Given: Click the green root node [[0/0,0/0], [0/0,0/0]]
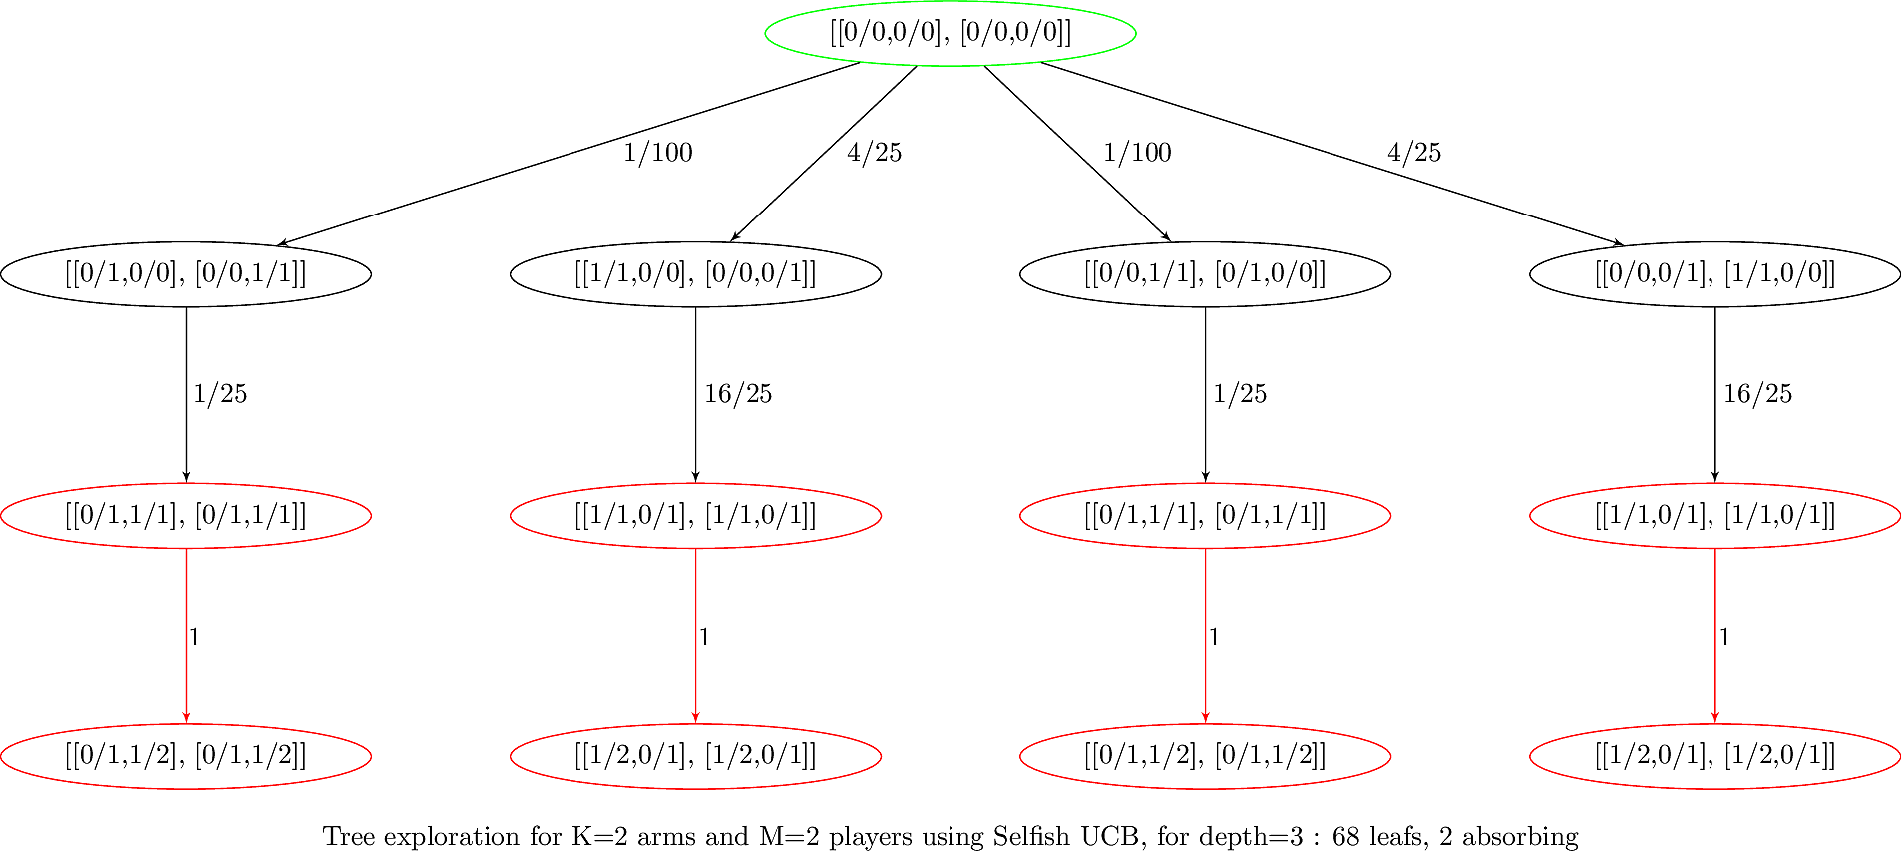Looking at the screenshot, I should click(950, 33).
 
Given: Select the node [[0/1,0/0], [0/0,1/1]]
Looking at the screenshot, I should click(186, 273).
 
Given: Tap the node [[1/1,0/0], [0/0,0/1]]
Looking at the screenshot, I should click(695, 273).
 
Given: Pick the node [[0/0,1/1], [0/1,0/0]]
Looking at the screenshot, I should click(1205, 273).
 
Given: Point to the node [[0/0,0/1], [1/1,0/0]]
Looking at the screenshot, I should click(1714, 273).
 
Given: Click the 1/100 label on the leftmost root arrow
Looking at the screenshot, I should click(657, 153).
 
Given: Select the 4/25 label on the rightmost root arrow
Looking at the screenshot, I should click(1413, 153).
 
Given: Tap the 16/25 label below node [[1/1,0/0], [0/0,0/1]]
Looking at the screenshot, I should click(738, 394).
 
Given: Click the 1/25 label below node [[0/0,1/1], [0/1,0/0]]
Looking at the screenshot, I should click(1239, 394).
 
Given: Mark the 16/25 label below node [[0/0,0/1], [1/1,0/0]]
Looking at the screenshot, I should click(1757, 394).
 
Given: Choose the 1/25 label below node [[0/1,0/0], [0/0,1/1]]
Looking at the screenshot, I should click(219, 394).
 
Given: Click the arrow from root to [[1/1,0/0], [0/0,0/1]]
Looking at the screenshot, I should click(824, 154).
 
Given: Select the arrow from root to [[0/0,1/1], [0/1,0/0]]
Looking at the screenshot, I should click(1077, 154).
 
